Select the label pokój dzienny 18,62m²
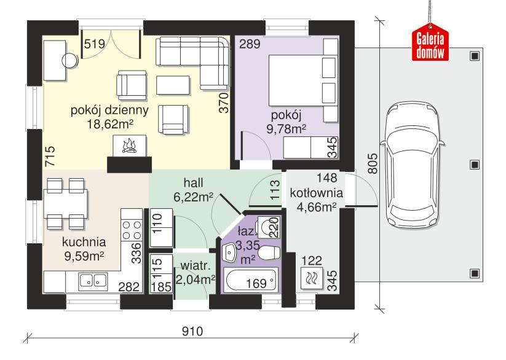[110, 117]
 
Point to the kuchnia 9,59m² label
[84, 248]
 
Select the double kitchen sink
[94, 281]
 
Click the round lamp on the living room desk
[70, 60]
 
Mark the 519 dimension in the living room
[93, 44]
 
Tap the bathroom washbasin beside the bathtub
[229, 252]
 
